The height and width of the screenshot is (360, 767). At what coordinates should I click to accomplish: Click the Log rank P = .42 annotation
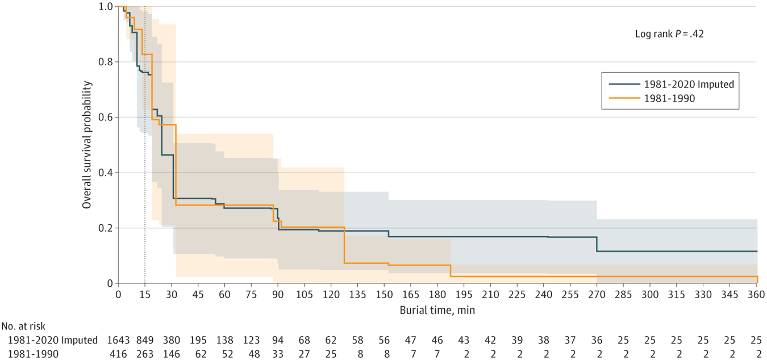tap(669, 34)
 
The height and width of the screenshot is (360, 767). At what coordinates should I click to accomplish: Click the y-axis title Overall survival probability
tap(87, 144)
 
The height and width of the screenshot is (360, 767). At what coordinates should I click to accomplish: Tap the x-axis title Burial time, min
tap(437, 310)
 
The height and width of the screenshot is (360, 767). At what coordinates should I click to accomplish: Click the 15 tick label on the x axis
tap(145, 295)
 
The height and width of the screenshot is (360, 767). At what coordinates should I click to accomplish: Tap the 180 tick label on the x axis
tap(437, 295)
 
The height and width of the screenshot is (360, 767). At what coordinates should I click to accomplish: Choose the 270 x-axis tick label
tap(597, 295)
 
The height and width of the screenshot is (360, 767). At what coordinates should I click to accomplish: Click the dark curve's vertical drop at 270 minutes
tap(597, 244)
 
